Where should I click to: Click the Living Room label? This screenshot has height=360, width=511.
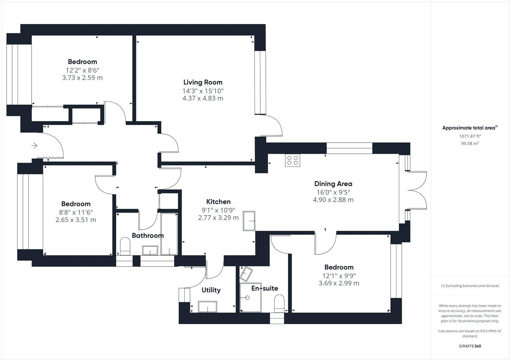tap(203, 82)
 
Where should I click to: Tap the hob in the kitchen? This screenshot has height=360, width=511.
tap(293, 160)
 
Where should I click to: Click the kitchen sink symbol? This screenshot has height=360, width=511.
tap(249, 221)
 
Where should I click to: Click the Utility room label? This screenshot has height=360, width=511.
tap(211, 290)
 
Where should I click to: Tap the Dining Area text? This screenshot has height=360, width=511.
tap(333, 184)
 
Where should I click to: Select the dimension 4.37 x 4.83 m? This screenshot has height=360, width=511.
tap(203, 98)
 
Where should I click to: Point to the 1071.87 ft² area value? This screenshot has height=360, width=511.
tap(470, 136)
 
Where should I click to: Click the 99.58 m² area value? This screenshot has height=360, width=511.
tap(470, 144)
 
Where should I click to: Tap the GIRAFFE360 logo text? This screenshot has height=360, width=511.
tap(470, 346)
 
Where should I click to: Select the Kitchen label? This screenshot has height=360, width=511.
tap(218, 202)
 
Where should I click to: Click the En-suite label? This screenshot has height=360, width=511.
tap(265, 289)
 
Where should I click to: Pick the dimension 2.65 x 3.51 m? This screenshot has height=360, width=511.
tap(76, 220)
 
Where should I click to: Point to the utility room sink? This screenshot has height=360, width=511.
tap(207, 307)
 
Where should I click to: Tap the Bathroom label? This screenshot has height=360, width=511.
tap(148, 236)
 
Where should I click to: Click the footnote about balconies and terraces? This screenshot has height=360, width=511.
tap(470, 286)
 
